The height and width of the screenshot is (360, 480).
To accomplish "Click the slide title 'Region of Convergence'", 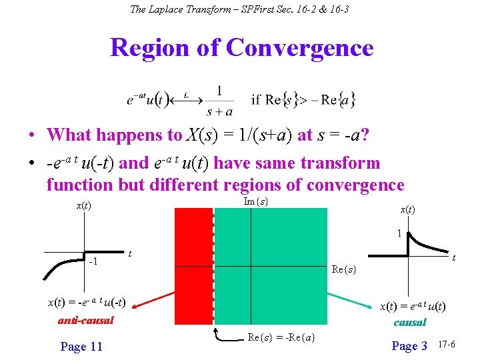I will click(x=241, y=48).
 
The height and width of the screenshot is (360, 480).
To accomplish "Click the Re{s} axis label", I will click(x=344, y=270).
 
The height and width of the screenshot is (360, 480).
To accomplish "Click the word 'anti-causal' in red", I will click(x=86, y=320).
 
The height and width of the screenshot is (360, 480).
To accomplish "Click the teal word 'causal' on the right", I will click(x=410, y=322).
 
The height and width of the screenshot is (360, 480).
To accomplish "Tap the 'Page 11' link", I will click(x=81, y=346).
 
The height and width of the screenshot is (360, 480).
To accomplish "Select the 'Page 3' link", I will click(x=409, y=346).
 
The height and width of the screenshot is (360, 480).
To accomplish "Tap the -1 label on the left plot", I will click(x=95, y=261).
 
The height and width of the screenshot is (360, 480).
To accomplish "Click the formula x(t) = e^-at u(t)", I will click(x=413, y=306).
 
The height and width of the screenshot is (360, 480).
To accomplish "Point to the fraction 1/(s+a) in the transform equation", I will click(x=219, y=101).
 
